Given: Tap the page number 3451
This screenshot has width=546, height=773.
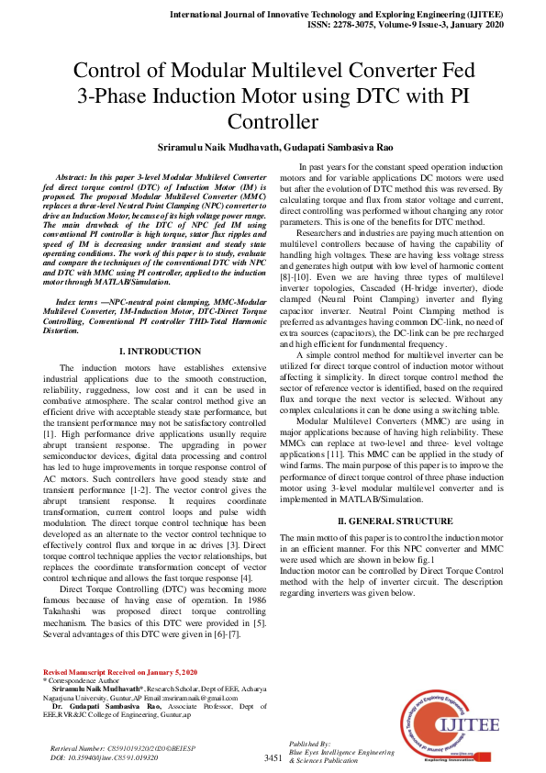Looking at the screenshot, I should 273,758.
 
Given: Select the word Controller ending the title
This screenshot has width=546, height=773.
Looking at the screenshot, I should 273,122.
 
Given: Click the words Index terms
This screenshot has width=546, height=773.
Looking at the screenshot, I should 78,275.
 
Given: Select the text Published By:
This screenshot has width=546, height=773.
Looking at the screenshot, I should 309,743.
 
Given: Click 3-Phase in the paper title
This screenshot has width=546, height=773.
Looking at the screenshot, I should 112,95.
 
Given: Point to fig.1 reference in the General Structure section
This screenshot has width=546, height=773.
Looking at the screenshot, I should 422,557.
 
